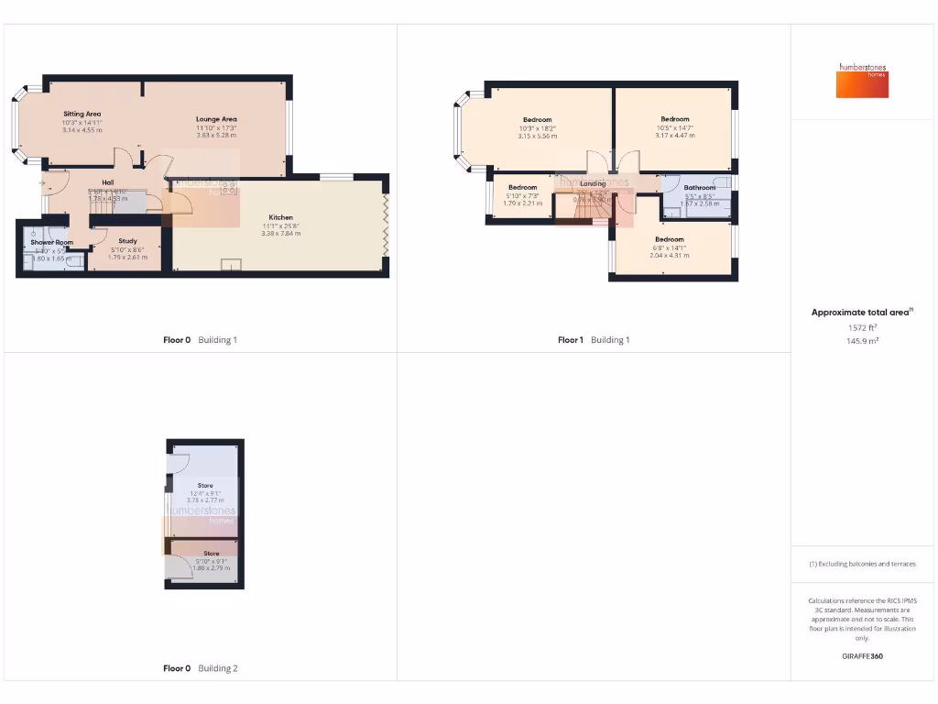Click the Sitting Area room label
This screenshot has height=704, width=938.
[x=82, y=114]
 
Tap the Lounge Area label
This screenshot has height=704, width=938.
[x=216, y=119]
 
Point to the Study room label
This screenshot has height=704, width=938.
[x=127, y=241]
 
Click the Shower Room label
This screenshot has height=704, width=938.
[x=51, y=242]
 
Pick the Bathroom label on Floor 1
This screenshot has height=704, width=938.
[x=699, y=188]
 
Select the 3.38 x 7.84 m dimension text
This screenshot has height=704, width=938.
[x=280, y=234]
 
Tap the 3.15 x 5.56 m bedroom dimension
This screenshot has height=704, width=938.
[x=537, y=136]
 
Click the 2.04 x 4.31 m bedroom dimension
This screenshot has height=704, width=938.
[x=669, y=255]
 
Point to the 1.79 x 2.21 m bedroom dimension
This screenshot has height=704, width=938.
[x=522, y=203]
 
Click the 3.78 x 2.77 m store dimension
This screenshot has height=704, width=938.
[x=205, y=500]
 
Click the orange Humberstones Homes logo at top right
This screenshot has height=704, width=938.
[x=862, y=81]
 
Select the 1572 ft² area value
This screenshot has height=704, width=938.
[x=862, y=327]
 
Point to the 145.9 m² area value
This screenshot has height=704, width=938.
[x=862, y=341]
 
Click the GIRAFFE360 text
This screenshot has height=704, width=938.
[x=862, y=656]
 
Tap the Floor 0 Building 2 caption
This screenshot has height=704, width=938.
[x=200, y=668]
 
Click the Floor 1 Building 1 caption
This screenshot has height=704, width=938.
[x=594, y=340]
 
